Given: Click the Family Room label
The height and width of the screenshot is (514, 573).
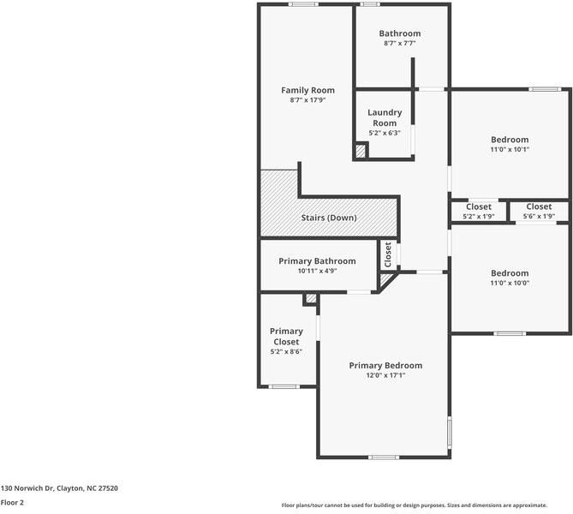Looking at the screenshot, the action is [x=307, y=90].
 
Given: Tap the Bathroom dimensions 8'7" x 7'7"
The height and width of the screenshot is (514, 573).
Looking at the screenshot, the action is [x=400, y=43].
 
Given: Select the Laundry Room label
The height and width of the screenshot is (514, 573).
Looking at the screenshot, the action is [x=385, y=117].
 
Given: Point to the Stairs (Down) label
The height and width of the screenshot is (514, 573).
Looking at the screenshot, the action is [x=329, y=218].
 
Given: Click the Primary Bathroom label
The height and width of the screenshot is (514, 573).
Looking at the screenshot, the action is [x=317, y=261].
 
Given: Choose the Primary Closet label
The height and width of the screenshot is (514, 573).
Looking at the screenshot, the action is [x=286, y=337].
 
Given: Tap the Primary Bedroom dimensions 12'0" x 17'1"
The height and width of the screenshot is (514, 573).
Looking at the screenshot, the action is [x=386, y=375].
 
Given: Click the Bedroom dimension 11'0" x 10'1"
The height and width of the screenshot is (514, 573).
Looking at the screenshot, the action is [x=510, y=149].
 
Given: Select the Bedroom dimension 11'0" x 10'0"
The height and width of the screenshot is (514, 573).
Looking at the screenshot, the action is [x=510, y=283].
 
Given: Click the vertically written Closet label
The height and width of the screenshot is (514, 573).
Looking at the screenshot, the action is [x=388, y=254].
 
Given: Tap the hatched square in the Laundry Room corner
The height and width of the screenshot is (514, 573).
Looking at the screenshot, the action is [x=361, y=151].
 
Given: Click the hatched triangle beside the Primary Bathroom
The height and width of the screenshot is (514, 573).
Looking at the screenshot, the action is [x=385, y=279].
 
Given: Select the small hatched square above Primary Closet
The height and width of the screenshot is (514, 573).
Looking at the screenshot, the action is [x=311, y=298].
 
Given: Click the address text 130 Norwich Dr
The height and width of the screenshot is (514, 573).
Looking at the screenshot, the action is [x=27, y=488].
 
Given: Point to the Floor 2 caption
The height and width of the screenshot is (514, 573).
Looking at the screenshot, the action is [x=12, y=502].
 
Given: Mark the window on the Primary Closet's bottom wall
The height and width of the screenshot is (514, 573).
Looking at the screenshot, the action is [x=284, y=386].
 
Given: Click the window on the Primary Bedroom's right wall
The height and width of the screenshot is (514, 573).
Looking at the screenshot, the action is [x=450, y=433].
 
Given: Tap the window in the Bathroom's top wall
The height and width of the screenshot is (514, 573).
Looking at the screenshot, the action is [x=370, y=4].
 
